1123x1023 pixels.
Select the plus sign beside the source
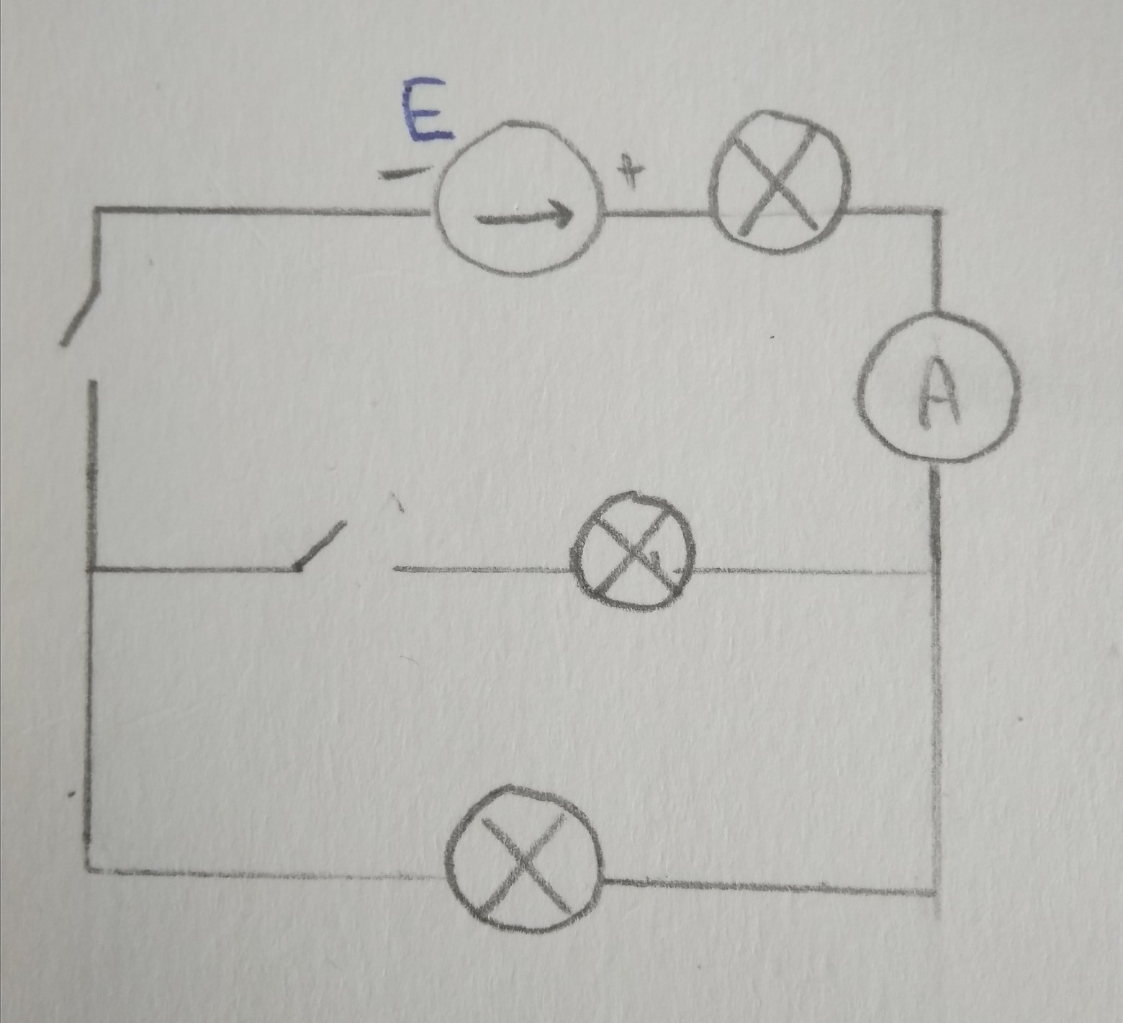pyautogui.click(x=633, y=173)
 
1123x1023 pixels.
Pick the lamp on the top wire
pyautogui.click(x=780, y=181)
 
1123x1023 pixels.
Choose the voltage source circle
pyautogui.click(x=518, y=198)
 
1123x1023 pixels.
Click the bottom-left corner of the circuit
pyautogui.click(x=89, y=870)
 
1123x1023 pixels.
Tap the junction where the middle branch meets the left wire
pyautogui.click(x=92, y=570)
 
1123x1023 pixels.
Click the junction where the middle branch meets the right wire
pyautogui.click(x=937, y=572)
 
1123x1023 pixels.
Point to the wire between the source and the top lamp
pyautogui.click(x=657, y=214)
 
